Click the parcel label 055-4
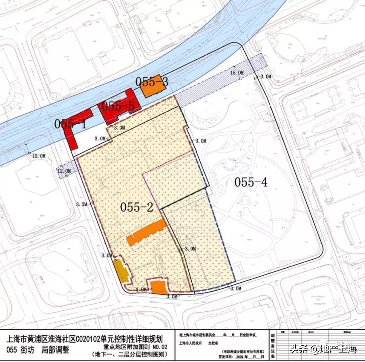251,182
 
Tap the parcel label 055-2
137,207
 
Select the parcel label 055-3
152,82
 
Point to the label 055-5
118,106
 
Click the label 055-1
70,124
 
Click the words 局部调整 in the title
54,349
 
